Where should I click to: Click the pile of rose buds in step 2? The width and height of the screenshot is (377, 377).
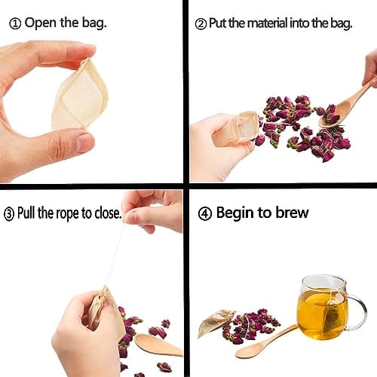pos(302,124)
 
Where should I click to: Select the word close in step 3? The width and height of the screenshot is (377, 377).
pos(107,213)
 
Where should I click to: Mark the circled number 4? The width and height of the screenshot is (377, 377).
pos(204,213)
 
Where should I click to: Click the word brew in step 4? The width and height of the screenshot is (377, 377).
pos(290,213)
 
